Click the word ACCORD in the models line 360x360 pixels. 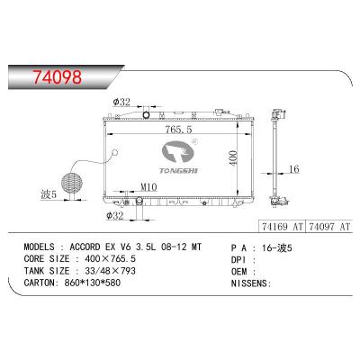tap(98, 245)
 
